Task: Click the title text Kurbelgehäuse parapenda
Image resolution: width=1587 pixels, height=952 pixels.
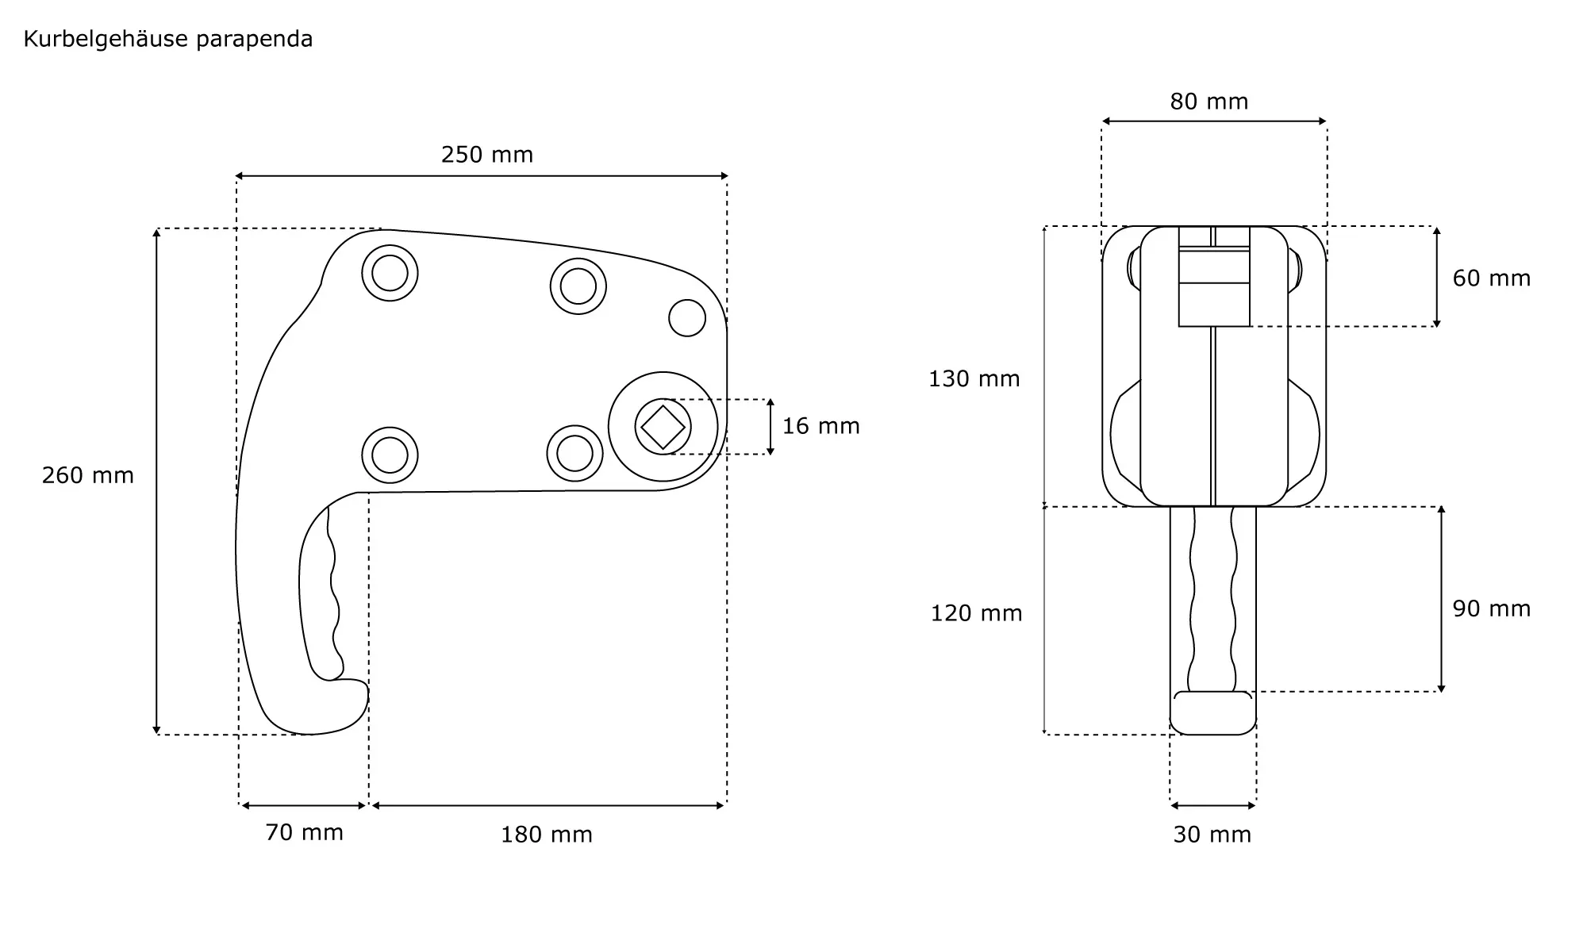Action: (x=168, y=39)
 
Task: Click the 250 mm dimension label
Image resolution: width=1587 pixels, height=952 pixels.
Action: (x=486, y=154)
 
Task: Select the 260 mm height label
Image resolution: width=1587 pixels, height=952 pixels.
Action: (x=87, y=475)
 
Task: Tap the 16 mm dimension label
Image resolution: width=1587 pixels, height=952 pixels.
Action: (x=820, y=426)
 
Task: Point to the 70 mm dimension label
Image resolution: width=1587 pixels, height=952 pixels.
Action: (x=304, y=832)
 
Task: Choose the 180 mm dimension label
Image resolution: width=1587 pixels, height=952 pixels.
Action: (x=546, y=835)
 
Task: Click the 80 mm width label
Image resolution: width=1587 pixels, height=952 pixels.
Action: (x=1209, y=102)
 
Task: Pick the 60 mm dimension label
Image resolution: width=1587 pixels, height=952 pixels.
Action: (x=1491, y=278)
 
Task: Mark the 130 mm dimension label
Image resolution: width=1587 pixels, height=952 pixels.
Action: (x=974, y=378)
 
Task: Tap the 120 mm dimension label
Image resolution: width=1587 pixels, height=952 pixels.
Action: (x=976, y=613)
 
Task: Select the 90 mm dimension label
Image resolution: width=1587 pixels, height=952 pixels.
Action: (x=1491, y=608)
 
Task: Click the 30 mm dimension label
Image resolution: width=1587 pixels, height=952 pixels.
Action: (x=1212, y=835)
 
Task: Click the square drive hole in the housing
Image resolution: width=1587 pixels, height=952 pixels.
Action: (x=663, y=427)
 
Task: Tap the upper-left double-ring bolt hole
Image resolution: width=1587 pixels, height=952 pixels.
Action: (x=390, y=273)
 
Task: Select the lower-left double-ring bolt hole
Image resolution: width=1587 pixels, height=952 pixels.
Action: (x=390, y=455)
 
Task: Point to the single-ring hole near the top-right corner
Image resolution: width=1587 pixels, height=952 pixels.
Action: (x=687, y=318)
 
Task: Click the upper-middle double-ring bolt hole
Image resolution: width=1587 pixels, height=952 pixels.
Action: (x=578, y=286)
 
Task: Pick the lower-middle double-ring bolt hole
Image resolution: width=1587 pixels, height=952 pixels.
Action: (x=574, y=453)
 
